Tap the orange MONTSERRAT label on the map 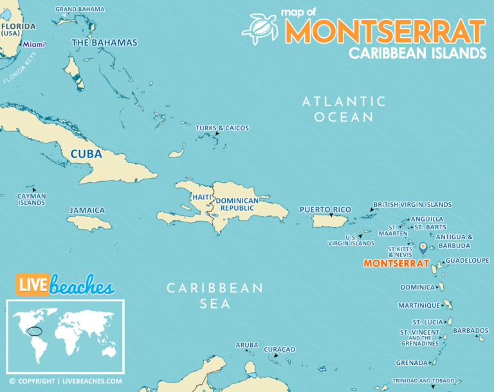(x=396, y=263)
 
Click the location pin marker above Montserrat (x=423, y=247)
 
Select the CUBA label (x=86, y=155)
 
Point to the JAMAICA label (x=87, y=210)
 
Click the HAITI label (x=201, y=197)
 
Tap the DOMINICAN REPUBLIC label (x=237, y=205)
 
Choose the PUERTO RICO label (x=325, y=209)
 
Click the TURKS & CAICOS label (x=222, y=128)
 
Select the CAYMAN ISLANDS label (x=32, y=199)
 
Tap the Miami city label (x=34, y=44)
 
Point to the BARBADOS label (x=470, y=330)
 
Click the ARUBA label (x=246, y=345)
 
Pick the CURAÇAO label (x=279, y=349)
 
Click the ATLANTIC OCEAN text (x=344, y=109)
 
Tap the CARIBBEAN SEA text (x=215, y=296)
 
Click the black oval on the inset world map (x=39, y=332)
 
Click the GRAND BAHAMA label (x=80, y=9)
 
